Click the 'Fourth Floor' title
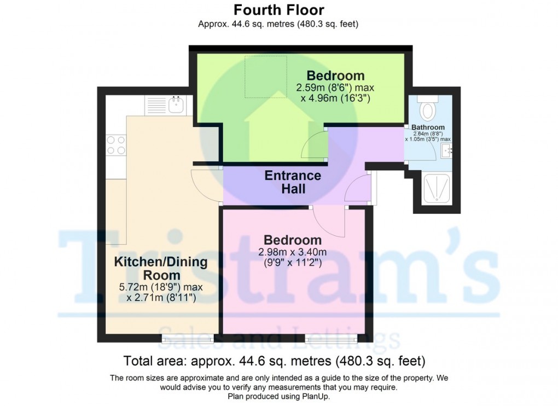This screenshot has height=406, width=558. pos(278,10)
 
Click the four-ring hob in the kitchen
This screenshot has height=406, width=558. pos(115,144)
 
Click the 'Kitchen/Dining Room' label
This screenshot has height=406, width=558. pos(160,268)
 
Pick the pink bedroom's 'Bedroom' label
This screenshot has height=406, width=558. pos(292,240)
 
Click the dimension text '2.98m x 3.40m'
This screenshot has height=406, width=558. pos(292,252)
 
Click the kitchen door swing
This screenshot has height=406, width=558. pos(205,183)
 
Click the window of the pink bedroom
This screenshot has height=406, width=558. pos(330,339)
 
